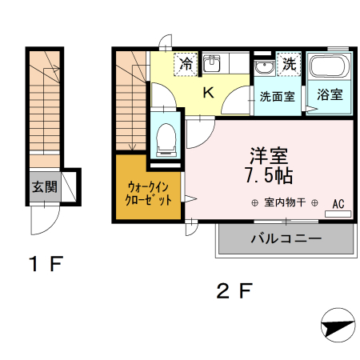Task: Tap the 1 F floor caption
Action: point(44,263)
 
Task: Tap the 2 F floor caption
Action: point(234,290)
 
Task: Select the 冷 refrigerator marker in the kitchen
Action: point(186,62)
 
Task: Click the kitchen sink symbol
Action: point(213,63)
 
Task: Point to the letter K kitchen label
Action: point(207,92)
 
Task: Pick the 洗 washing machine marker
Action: point(289,62)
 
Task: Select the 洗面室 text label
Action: point(277,95)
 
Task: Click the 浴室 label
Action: point(330,94)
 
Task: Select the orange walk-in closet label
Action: point(149,194)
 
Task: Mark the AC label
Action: point(338,204)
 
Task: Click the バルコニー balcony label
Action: point(286,238)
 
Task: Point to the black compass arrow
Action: point(337,326)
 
